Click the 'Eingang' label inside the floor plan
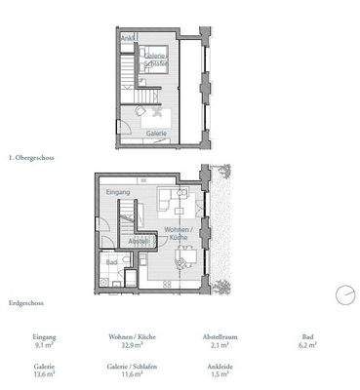coord(117,193)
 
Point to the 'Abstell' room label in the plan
coord(140,241)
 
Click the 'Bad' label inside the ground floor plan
coord(112,261)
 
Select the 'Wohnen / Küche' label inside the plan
coord(177,234)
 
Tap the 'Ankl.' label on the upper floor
coord(128,39)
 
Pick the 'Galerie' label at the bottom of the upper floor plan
coord(156,133)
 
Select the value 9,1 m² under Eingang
coord(44,344)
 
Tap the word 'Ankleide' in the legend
coord(221,365)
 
